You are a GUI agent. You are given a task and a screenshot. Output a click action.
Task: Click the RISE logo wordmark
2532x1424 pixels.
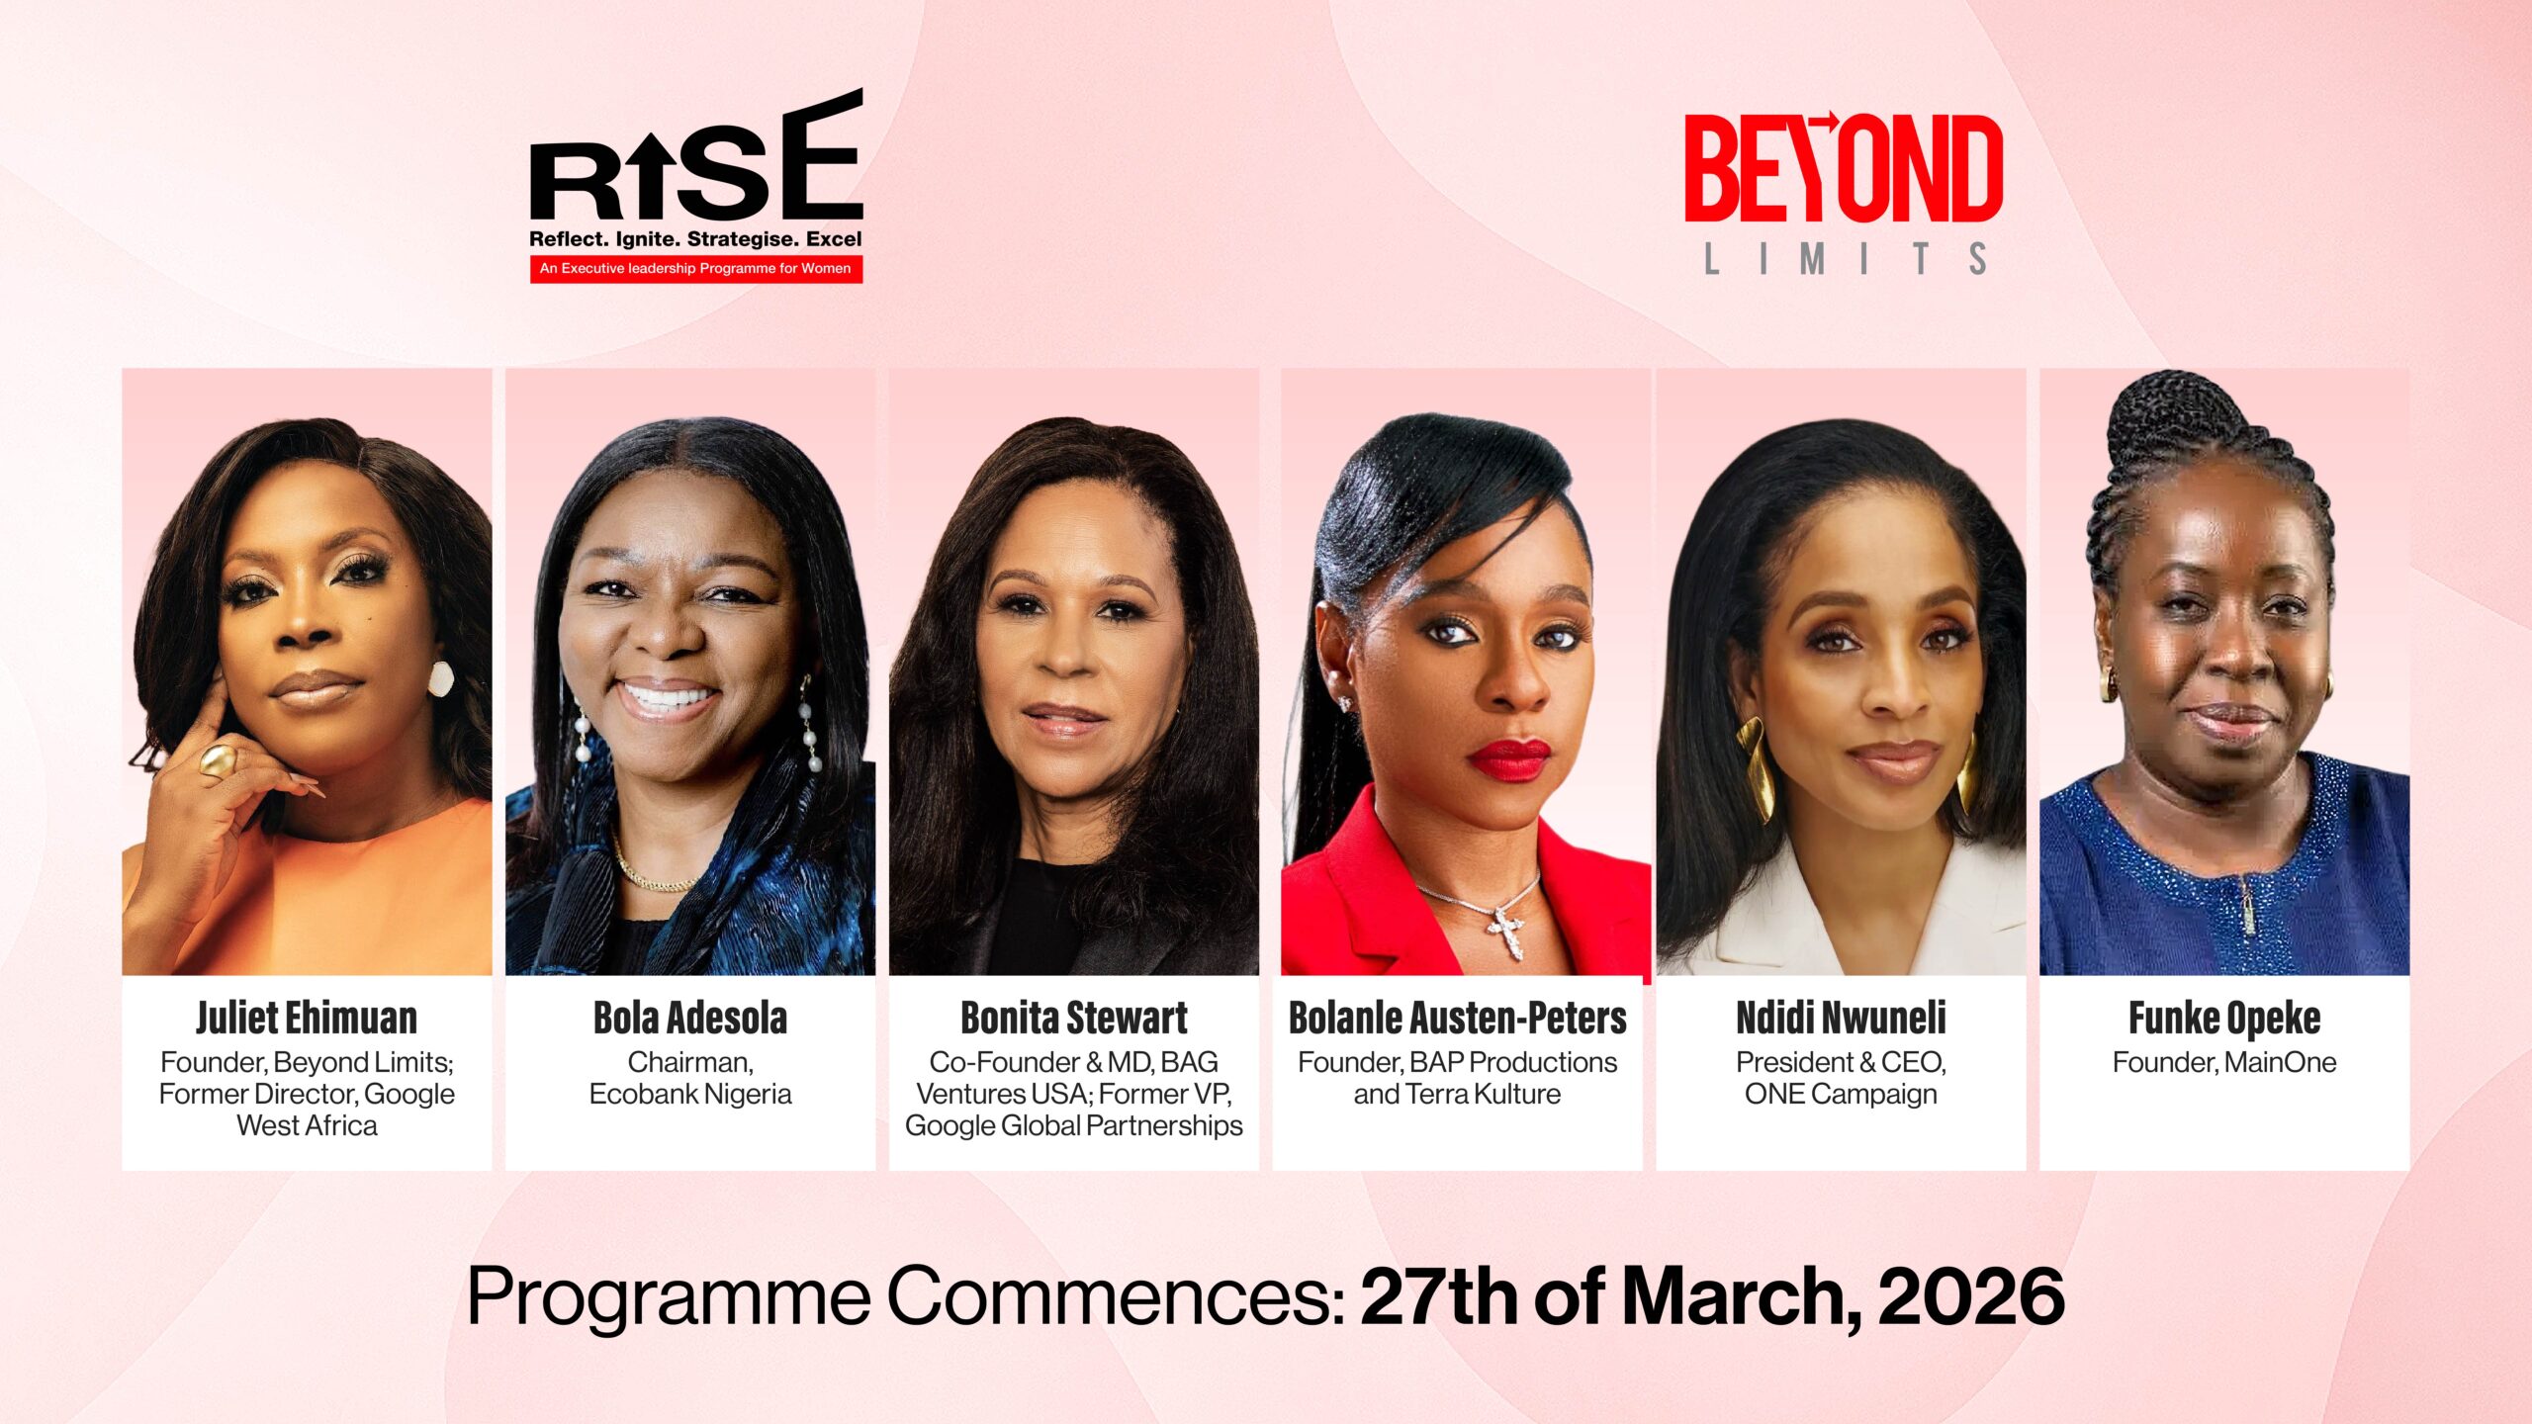pyautogui.click(x=696, y=156)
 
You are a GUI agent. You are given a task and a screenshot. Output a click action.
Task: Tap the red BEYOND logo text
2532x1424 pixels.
pyautogui.click(x=1844, y=168)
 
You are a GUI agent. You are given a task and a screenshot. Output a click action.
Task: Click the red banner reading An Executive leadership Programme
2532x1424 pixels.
pyautogui.click(x=696, y=269)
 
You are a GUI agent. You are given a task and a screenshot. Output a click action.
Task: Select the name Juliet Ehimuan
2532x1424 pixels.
pyautogui.click(x=307, y=1018)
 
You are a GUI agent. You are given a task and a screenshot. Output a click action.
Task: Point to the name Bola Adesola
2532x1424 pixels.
pyautogui.click(x=690, y=1018)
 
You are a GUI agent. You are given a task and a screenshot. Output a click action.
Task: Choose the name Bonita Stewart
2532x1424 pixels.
pyautogui.click(x=1074, y=1018)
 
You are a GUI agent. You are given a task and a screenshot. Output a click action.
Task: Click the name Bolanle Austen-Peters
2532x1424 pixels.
pyautogui.click(x=1458, y=1018)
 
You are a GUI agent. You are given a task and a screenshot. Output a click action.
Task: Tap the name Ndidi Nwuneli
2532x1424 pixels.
pyautogui.click(x=1842, y=1018)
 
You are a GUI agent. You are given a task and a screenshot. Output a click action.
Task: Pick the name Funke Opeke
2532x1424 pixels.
pyautogui.click(x=2224, y=1019)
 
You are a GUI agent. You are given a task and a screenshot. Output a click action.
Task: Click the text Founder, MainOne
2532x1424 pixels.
pyautogui.click(x=2224, y=1063)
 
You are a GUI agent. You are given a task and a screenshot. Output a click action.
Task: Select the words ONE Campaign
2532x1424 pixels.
pyautogui.click(x=1842, y=1095)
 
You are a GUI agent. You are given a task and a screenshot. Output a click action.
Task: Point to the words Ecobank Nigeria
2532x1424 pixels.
pyautogui.click(x=690, y=1095)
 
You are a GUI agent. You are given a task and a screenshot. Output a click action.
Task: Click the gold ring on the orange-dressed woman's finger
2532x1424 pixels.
pyautogui.click(x=218, y=761)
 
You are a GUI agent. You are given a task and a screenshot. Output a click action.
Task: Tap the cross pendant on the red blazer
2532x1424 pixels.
pyautogui.click(x=1507, y=931)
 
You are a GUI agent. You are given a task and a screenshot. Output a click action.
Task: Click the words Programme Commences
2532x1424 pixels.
pyautogui.click(x=905, y=1297)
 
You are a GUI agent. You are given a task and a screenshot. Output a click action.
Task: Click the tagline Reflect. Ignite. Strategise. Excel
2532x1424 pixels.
pyautogui.click(x=696, y=239)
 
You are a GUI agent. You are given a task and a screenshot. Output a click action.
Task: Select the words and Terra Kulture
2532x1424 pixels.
pyautogui.click(x=1458, y=1095)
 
